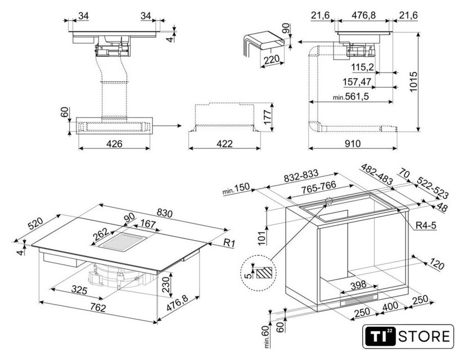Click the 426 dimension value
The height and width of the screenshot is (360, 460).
pos(114,144)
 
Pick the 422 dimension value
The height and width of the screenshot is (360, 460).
pos(224,144)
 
